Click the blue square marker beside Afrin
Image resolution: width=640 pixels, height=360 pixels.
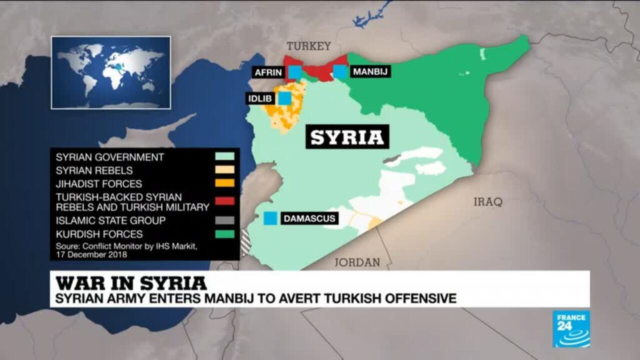[x=295, y=72]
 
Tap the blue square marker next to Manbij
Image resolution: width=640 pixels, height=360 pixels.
[x=340, y=71]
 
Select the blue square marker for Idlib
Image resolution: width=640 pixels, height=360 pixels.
[x=284, y=98]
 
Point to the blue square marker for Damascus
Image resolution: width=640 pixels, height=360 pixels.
[x=270, y=218]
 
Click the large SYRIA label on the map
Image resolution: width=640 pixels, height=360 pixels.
[x=347, y=137]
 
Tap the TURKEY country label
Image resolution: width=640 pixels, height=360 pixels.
[x=308, y=46]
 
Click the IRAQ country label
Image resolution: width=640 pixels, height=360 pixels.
[x=488, y=202]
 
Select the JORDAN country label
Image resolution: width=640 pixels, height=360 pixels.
[x=357, y=262]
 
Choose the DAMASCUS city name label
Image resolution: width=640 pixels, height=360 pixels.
[x=309, y=218]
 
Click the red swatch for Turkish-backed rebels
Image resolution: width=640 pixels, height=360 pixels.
[x=224, y=201]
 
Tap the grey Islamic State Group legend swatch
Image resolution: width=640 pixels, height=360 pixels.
[x=224, y=220]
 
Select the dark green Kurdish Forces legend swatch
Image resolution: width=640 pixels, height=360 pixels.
[x=224, y=233]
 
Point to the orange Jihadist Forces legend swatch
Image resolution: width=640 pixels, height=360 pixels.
[x=224, y=183]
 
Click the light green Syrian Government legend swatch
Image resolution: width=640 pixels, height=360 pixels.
[x=224, y=156]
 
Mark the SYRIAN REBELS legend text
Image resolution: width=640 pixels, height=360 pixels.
[x=94, y=170]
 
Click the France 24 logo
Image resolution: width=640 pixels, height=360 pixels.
[x=571, y=328]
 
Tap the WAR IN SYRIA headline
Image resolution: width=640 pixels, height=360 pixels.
[x=131, y=283]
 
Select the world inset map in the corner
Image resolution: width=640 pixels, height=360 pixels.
[x=111, y=72]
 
